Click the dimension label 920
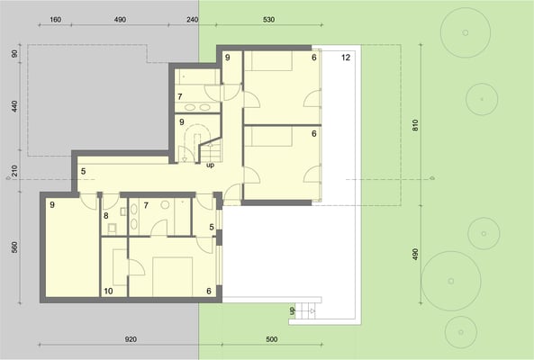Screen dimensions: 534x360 131,339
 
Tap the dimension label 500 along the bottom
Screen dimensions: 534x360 271,339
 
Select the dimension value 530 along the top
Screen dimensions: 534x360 268,20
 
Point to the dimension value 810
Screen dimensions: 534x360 415,126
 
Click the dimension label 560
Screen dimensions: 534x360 14,247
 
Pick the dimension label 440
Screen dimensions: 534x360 14,107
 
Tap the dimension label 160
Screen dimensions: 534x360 56,20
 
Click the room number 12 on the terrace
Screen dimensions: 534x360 346,58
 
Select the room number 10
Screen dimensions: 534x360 108,292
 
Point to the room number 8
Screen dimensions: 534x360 106,216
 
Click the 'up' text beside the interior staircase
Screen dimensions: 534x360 211,165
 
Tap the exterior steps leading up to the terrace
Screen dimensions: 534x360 305,310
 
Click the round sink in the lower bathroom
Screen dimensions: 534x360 165,204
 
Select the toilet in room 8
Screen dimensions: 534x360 112,228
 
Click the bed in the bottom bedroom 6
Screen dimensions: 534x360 172,276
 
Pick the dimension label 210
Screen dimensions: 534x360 14,171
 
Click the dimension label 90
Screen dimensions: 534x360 14,54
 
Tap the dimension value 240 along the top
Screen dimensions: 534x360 193,20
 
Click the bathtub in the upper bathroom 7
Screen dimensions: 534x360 197,76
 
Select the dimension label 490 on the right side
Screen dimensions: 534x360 415,254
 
